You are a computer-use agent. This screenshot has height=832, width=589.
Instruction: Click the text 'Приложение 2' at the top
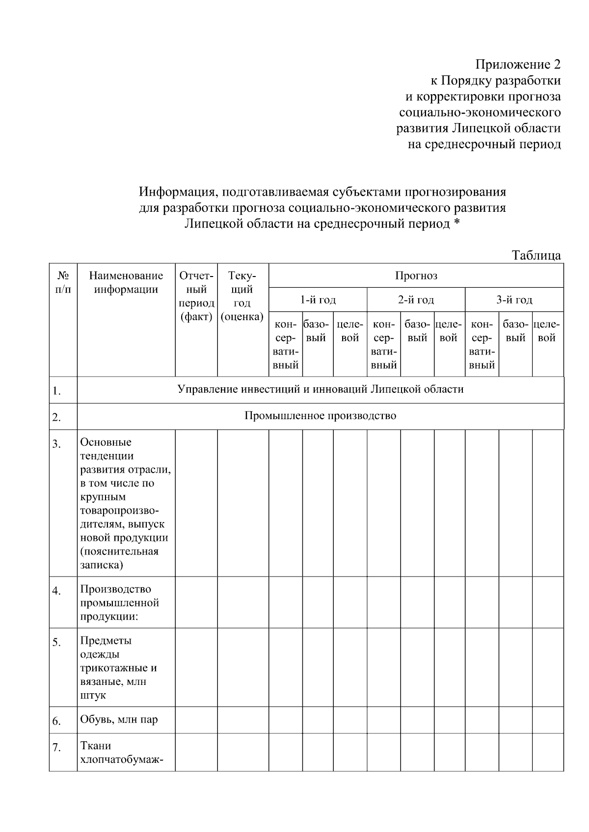click(x=517, y=65)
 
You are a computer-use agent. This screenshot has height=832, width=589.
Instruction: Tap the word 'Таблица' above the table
click(x=536, y=255)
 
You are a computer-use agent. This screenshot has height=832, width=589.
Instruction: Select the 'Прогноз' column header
click(x=416, y=276)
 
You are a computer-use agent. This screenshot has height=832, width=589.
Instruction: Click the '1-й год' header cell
click(x=318, y=300)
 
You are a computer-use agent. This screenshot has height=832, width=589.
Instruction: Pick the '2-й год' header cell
click(x=416, y=300)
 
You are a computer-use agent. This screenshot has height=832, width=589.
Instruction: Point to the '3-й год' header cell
click(x=514, y=300)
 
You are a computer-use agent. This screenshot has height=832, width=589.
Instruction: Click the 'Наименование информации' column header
click(x=126, y=282)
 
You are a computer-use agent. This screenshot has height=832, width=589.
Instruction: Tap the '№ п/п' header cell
click(x=63, y=282)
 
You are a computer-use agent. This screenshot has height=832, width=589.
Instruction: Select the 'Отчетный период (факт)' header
click(x=196, y=296)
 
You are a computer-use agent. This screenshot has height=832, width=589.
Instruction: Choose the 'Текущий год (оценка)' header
click(x=242, y=296)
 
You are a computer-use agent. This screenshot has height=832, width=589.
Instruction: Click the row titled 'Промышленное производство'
click(x=320, y=416)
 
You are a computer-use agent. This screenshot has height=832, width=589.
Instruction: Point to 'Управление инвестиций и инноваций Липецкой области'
click(x=320, y=390)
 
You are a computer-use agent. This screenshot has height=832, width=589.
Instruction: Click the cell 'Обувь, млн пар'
click(x=119, y=720)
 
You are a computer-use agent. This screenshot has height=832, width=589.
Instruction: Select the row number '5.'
click(x=57, y=642)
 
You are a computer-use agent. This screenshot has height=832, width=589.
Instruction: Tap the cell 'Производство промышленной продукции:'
click(x=119, y=603)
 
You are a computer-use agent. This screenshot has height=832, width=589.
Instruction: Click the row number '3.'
click(x=57, y=444)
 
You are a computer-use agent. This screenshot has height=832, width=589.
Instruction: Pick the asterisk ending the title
click(x=457, y=223)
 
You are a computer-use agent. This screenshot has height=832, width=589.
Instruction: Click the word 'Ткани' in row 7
click(x=96, y=746)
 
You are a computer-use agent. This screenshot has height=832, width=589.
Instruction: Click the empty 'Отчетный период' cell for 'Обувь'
click(x=196, y=720)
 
